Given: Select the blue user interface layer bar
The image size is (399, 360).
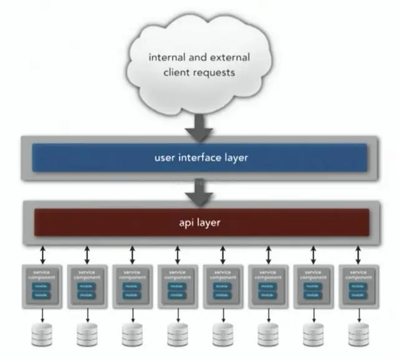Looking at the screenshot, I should pos(199,158).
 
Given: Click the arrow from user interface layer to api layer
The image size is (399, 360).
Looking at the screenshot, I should pos(199,190).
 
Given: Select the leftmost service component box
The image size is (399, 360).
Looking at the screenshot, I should pos(42,286).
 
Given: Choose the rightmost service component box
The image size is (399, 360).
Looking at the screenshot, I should pos(357,286).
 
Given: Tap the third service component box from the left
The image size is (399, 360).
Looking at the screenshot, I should pos(132,286).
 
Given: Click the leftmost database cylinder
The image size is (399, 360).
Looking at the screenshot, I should pos(42,334).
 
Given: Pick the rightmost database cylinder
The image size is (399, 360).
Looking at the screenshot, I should pos(357,334).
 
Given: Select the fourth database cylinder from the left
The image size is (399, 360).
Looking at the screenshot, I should pos(178,334).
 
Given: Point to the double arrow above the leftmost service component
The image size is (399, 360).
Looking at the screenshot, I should pos(42,255).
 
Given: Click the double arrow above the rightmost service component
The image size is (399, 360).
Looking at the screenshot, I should pos(357,255).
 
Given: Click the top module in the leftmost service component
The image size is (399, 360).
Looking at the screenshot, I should pos(42,286).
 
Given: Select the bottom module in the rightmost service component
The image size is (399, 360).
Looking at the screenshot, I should pos(357,295).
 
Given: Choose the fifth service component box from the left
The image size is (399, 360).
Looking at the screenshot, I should pos(223,286).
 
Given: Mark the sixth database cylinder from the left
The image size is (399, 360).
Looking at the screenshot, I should pos(267,334).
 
